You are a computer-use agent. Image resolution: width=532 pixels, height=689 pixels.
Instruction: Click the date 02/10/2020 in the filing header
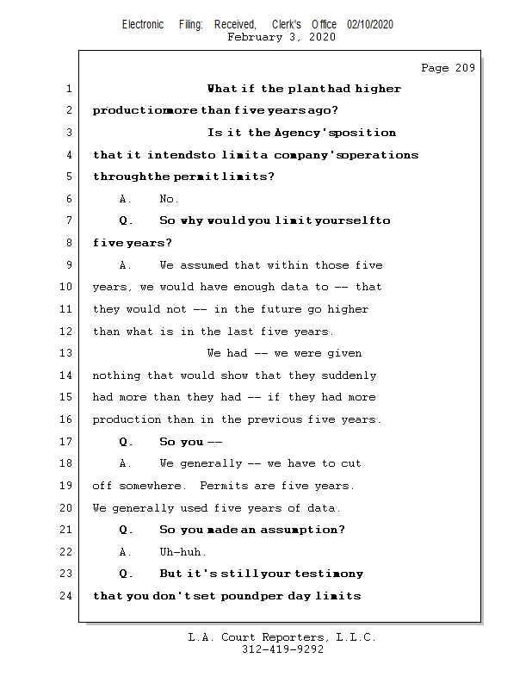point(370,25)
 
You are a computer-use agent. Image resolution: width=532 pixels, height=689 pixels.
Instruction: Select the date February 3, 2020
point(281,38)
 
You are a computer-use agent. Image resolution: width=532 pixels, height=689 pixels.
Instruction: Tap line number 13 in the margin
point(67,353)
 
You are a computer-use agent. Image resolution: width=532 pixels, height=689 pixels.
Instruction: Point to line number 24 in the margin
point(67,596)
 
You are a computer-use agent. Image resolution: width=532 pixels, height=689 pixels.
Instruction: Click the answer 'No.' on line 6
point(169,199)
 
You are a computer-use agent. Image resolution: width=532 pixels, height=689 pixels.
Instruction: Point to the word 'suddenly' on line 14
point(349,376)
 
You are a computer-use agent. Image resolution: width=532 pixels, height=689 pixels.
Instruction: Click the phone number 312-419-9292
point(282,649)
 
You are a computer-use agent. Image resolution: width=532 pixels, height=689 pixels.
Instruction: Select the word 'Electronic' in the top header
point(143,25)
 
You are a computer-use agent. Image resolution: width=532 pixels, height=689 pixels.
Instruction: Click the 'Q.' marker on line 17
point(126,442)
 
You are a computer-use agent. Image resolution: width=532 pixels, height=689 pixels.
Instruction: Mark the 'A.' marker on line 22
point(126,552)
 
